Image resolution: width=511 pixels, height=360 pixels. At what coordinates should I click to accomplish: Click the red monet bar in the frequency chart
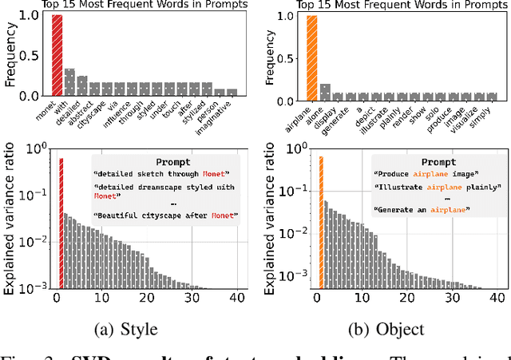click(x=57, y=56)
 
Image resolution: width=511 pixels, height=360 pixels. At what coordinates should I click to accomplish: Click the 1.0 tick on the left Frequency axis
click(x=34, y=16)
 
